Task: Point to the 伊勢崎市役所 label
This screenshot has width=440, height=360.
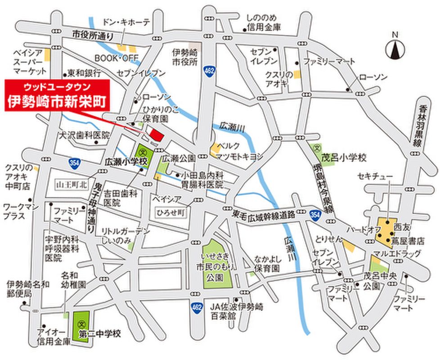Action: [x=185, y=57]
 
